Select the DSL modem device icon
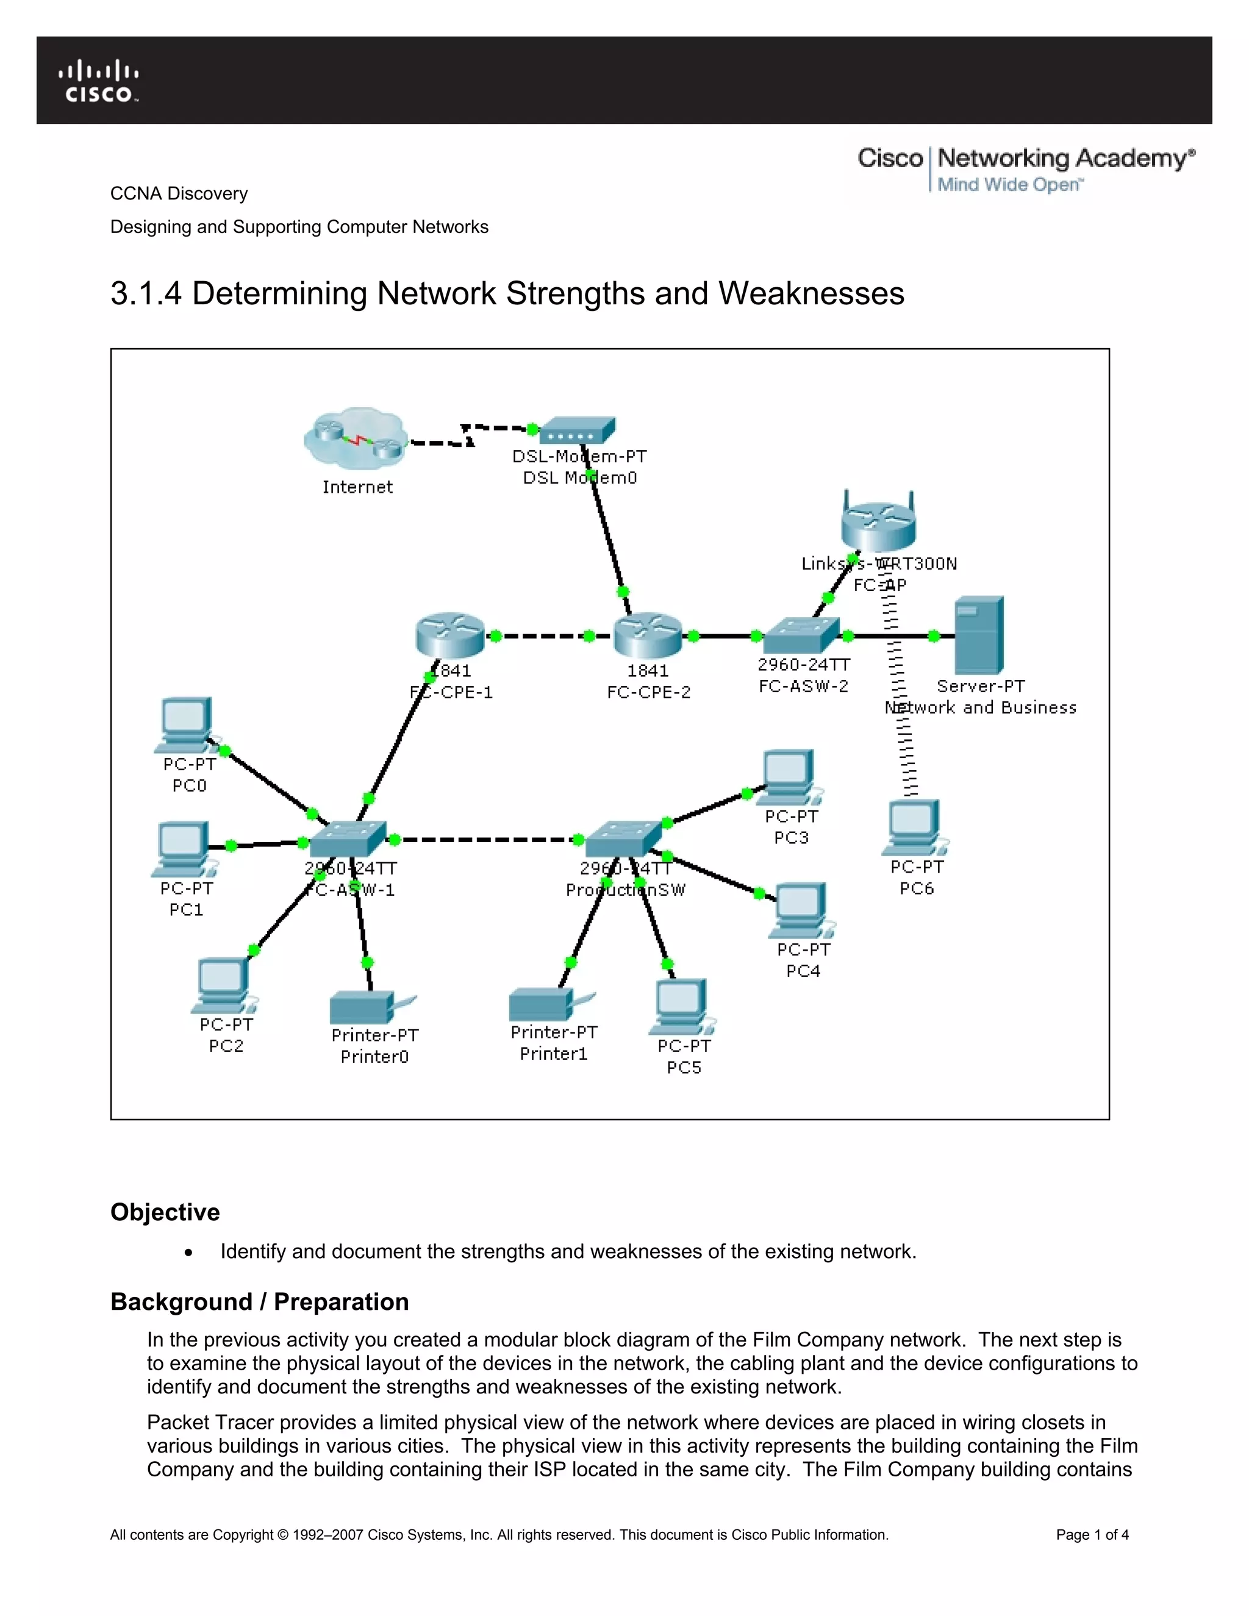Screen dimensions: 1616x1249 pos(577,431)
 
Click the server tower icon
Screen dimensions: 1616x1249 pos(979,635)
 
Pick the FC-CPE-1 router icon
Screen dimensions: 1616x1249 pos(450,635)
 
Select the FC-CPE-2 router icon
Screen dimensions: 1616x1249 pos(648,635)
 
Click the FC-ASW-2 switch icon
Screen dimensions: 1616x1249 pos(801,635)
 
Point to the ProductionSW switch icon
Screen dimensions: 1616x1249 pos(623,838)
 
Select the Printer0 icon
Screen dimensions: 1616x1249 pos(367,1007)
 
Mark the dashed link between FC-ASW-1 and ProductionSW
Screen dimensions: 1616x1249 pos(485,840)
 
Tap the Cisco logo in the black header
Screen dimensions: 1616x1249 pos(99,80)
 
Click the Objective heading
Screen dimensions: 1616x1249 pos(165,1212)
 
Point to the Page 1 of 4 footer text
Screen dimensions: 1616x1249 pos(1092,1535)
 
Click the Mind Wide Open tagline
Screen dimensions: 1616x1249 pos(1009,184)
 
